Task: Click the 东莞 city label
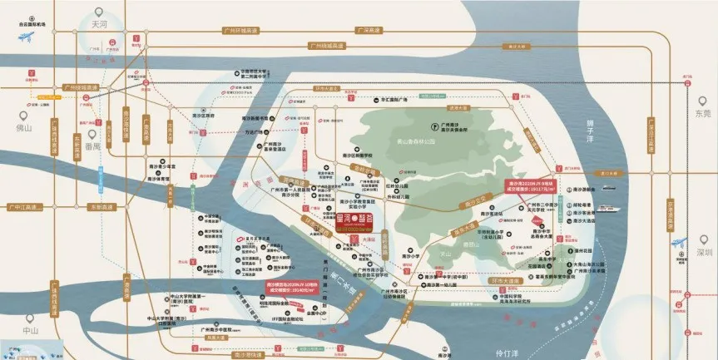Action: tap(703, 113)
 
